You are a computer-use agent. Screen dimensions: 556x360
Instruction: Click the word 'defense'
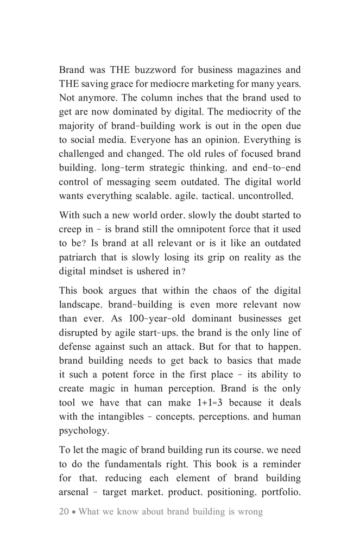tap(77, 347)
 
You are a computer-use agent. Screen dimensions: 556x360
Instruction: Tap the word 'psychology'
tap(84, 431)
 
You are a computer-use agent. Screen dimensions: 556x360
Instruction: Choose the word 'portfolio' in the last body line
tap(280, 492)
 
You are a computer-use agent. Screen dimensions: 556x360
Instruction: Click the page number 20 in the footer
tap(64, 512)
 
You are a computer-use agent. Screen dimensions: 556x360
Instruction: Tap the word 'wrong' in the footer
tap(250, 512)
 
